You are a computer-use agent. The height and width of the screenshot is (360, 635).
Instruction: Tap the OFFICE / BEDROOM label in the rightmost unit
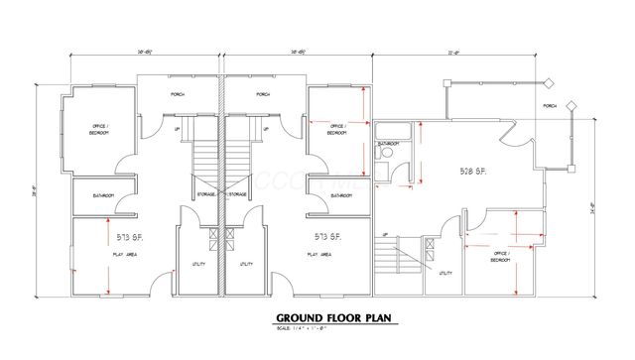click(x=502, y=257)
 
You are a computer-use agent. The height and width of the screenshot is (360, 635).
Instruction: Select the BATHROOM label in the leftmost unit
click(x=103, y=195)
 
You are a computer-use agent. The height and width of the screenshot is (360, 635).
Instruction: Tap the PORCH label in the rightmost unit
click(x=550, y=105)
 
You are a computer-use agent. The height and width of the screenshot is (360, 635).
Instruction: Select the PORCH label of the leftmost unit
click(x=178, y=95)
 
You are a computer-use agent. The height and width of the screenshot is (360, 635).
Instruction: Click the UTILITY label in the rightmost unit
click(x=445, y=273)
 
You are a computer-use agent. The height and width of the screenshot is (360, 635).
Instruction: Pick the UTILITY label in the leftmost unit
click(x=197, y=264)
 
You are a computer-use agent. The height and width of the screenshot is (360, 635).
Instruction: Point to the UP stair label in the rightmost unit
click(x=384, y=234)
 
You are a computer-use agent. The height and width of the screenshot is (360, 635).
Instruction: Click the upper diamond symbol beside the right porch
click(x=545, y=80)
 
